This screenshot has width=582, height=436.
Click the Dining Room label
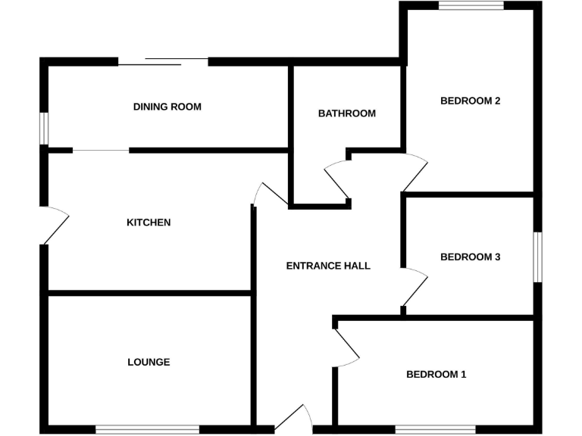167,107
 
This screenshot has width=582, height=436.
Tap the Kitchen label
149,223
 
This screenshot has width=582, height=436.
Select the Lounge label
149,362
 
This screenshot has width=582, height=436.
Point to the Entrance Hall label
328,266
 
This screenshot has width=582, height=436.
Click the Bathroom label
347,114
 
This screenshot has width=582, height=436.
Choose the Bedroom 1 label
436,374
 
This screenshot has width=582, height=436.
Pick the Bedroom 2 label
471,101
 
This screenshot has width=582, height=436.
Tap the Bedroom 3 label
471,257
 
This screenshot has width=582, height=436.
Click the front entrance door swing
294,418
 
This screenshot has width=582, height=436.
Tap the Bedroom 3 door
415,288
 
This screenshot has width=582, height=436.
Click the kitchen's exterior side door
56,225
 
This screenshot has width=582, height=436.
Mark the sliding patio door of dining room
163,61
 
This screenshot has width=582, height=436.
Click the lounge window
148,429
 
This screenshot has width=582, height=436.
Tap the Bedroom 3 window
538,257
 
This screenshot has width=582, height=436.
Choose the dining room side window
45,128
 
